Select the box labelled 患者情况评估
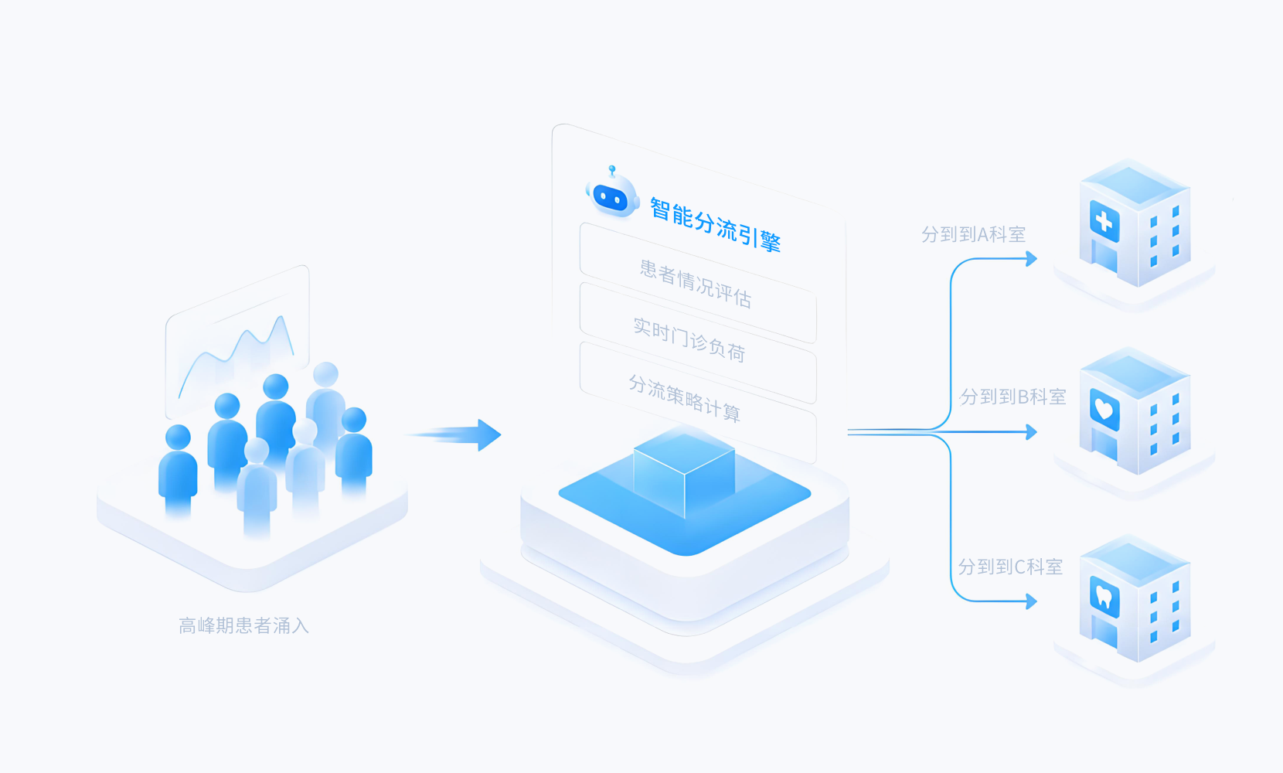(698, 283)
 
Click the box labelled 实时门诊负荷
(698, 342)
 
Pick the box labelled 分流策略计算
(698, 401)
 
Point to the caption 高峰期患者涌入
(243, 625)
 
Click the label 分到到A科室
(973, 233)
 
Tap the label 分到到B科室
(1012, 397)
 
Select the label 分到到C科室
(1010, 567)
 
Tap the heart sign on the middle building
(1104, 410)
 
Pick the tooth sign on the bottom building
(1104, 597)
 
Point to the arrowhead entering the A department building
(1031, 258)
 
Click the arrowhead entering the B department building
(1031, 431)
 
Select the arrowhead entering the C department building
(1031, 601)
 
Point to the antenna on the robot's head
(612, 171)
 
